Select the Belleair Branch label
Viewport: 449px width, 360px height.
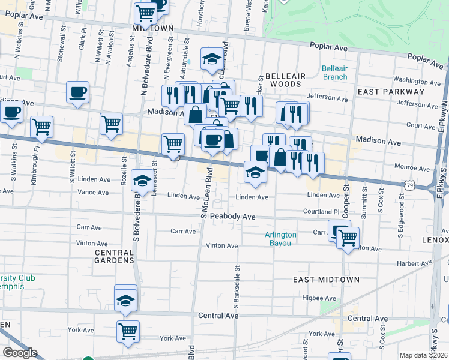click(334, 73)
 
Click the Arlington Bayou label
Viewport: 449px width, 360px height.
click(281, 239)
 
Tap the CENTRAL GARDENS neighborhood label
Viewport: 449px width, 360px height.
click(114, 256)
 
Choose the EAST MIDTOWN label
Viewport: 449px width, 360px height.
click(326, 280)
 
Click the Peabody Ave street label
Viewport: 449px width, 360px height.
click(220, 216)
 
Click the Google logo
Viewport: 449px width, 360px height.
click(20, 353)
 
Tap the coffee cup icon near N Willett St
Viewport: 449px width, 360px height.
click(77, 92)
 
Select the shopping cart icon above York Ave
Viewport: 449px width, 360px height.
click(128, 331)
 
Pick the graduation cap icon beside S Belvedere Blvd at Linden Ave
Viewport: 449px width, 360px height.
click(142, 181)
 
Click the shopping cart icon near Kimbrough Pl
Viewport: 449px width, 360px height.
click(41, 127)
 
